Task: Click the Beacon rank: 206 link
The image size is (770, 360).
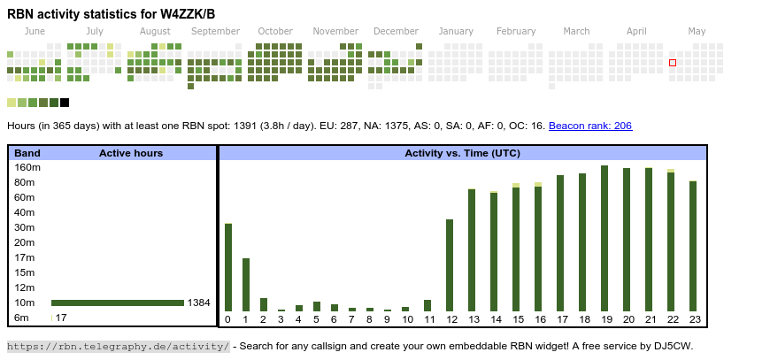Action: point(590,126)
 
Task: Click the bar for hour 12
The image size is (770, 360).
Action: point(450,265)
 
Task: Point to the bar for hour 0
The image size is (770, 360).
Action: point(227,267)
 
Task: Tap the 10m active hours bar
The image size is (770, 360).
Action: point(118,303)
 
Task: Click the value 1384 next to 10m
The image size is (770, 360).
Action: point(199,303)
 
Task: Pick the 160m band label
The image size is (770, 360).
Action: point(28,167)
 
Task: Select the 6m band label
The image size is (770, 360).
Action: point(22,318)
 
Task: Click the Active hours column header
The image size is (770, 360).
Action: point(131,153)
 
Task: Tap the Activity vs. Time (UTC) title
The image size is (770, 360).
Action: point(462,153)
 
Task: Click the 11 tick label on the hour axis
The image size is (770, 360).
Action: point(428,319)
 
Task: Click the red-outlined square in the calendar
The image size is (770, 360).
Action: point(673,63)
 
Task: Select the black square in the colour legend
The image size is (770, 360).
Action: point(65,103)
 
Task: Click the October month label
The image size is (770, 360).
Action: point(275,31)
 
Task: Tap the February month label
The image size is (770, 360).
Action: point(516,31)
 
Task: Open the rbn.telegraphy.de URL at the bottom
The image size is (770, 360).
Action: point(119,346)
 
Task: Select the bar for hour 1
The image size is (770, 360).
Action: point(245,285)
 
